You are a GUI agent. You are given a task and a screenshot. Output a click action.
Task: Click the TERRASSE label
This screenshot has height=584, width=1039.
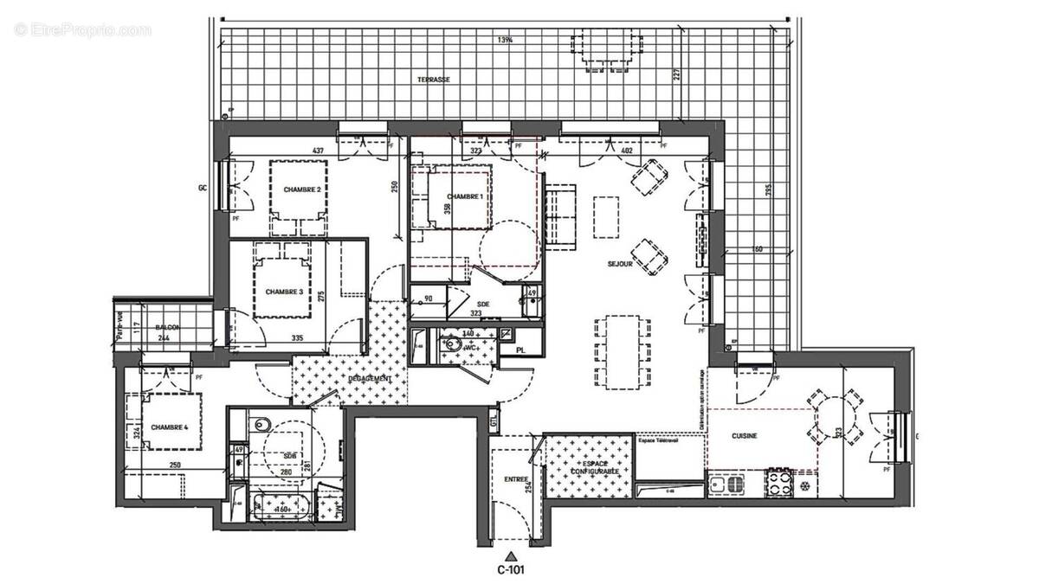tap(434, 79)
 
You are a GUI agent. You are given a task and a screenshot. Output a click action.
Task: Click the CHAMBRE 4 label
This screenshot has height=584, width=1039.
tap(169, 427)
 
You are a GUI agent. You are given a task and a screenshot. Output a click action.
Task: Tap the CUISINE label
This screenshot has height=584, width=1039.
tap(744, 436)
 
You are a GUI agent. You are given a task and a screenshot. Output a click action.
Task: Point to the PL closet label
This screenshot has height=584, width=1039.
tap(519, 350)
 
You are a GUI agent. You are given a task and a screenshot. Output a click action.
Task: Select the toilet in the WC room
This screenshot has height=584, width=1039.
tap(449, 343)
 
